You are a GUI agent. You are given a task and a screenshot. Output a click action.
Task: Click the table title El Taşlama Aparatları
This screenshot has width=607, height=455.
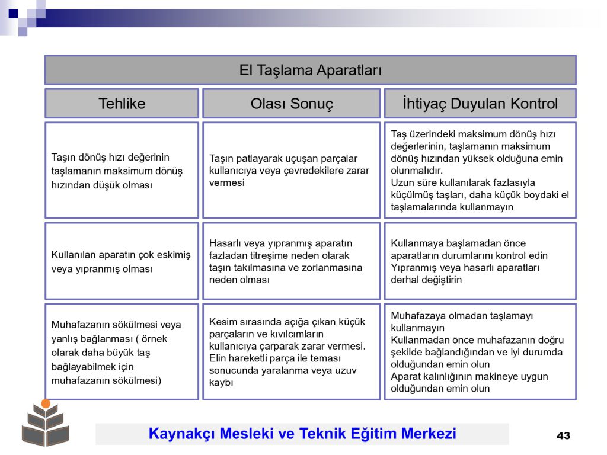point(310,70)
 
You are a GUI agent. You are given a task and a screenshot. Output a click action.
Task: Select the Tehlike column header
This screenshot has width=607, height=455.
point(122,104)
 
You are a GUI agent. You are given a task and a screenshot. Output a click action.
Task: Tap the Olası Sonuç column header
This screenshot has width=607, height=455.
point(292,104)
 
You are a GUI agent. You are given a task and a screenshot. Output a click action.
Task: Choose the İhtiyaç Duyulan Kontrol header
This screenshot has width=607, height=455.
point(480,104)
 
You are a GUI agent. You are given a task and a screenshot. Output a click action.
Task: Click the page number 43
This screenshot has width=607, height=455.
point(563,435)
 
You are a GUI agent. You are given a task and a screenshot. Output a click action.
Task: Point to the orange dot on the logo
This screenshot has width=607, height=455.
point(46,403)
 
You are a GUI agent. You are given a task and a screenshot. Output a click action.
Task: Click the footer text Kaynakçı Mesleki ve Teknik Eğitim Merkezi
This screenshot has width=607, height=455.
point(302,434)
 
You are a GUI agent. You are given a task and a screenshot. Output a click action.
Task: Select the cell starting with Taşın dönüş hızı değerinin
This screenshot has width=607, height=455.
point(122,171)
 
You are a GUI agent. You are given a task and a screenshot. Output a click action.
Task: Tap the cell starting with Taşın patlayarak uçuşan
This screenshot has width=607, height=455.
point(292,171)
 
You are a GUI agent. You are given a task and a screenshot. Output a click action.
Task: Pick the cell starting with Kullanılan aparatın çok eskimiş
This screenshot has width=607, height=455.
point(122,261)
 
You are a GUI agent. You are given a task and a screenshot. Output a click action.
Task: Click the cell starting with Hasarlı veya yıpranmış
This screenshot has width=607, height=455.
point(292,261)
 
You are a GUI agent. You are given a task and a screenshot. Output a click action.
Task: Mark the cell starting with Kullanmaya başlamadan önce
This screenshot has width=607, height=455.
point(480,261)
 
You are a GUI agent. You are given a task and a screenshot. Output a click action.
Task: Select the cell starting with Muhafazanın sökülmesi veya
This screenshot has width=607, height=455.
point(122,352)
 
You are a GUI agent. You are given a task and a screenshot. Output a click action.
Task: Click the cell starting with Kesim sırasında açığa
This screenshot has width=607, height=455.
point(292,352)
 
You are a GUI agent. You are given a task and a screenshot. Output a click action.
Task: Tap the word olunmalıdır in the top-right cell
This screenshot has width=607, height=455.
point(417,171)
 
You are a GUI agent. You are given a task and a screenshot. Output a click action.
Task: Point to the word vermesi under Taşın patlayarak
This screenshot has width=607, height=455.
point(227,182)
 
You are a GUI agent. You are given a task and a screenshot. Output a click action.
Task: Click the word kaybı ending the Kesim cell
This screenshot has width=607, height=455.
point(221,383)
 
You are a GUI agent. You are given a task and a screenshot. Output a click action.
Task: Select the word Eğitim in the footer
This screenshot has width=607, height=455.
point(373,434)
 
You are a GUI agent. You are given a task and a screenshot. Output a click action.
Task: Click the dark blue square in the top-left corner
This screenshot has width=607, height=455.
point(13,14)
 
